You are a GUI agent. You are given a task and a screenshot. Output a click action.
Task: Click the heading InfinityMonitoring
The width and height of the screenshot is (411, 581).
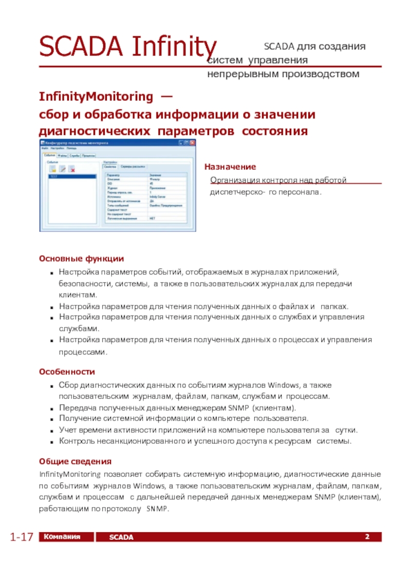(96, 96)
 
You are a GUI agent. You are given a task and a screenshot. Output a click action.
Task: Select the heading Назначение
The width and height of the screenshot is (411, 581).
(230, 167)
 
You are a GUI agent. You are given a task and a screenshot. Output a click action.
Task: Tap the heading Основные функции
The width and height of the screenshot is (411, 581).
(81, 259)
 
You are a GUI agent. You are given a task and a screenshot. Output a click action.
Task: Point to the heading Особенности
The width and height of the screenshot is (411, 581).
(67, 372)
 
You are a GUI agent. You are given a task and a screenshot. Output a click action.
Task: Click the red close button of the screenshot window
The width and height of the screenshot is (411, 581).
(193, 144)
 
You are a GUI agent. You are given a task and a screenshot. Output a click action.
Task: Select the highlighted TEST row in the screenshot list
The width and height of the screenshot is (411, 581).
(72, 176)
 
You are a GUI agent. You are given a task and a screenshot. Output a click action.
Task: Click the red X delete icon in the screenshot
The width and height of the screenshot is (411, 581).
(72, 168)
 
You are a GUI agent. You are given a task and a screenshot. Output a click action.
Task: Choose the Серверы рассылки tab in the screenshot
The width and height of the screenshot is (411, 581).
(133, 166)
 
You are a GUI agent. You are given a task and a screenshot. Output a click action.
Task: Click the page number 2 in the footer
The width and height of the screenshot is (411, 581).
(367, 537)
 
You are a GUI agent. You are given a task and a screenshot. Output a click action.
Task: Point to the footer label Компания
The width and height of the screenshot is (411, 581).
(62, 537)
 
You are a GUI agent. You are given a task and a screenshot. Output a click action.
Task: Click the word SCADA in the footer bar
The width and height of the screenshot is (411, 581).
(121, 537)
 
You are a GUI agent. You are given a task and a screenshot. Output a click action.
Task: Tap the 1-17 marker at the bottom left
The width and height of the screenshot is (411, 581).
(21, 537)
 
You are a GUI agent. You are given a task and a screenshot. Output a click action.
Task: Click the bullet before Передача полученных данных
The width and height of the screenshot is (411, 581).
(53, 408)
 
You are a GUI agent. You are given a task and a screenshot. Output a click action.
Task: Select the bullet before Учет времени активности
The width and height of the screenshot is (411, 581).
(53, 431)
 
